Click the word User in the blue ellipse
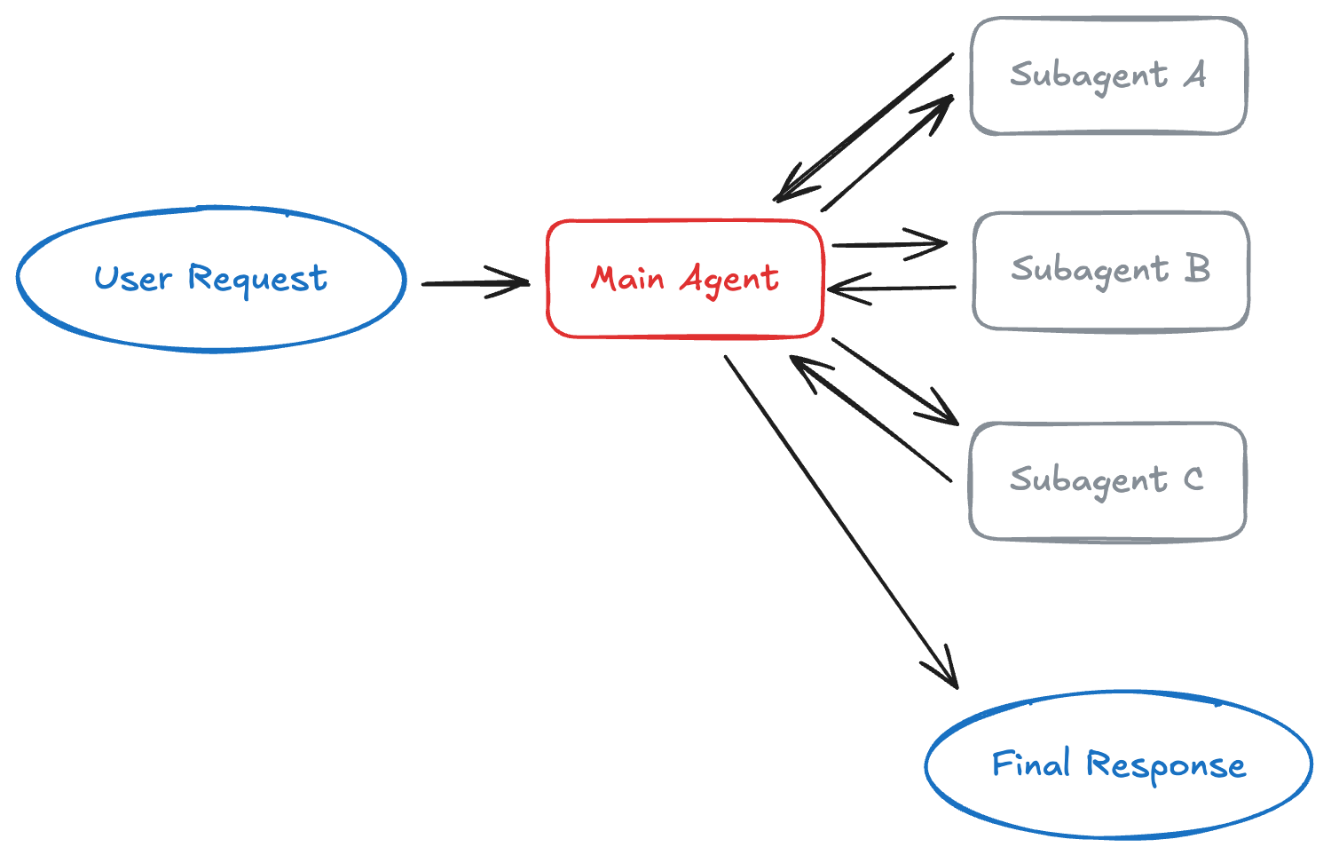click(132, 279)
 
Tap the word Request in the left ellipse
click(257, 279)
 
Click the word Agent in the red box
click(729, 280)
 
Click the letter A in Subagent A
click(1195, 75)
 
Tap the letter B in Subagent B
click(1197, 268)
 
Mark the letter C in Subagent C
click(1193, 479)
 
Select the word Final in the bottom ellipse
click(1030, 764)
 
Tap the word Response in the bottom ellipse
click(1166, 765)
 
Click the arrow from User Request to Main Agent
click(475, 283)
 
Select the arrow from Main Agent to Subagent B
click(887, 244)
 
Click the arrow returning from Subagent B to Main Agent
click(892, 288)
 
